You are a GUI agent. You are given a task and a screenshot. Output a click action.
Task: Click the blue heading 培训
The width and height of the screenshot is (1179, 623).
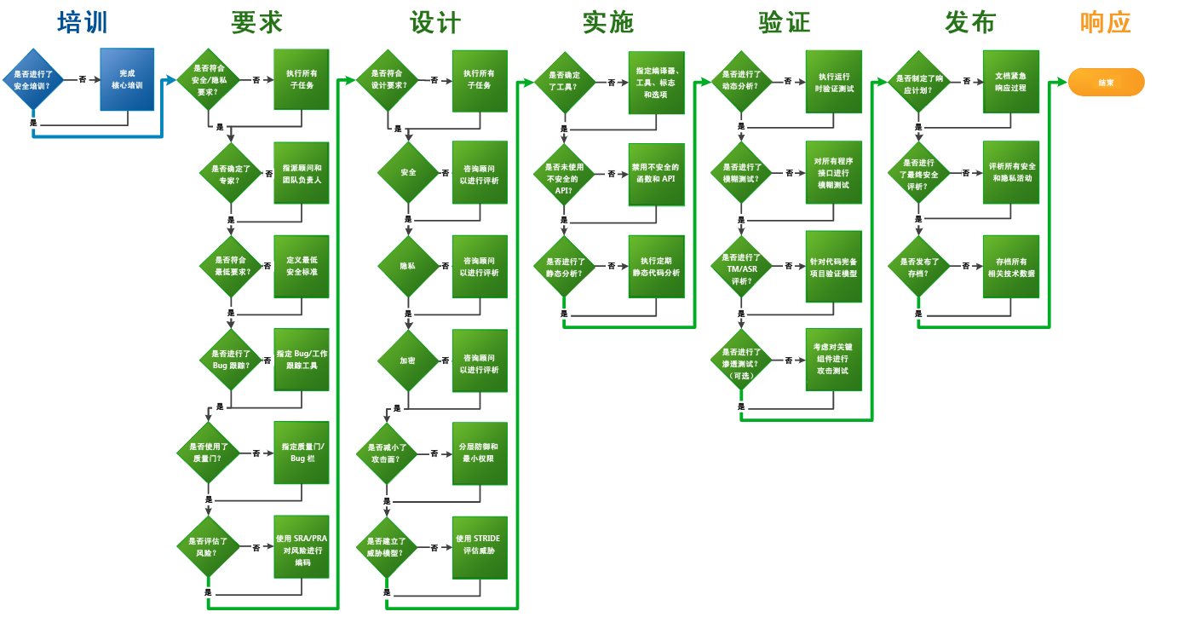coord(83,23)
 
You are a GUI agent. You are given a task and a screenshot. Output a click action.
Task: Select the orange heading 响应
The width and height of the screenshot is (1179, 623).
coord(1105,23)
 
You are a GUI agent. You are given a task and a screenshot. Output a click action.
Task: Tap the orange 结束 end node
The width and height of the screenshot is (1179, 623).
coord(1106,83)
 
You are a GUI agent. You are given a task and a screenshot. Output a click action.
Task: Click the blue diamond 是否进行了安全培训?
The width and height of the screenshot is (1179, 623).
coord(33,80)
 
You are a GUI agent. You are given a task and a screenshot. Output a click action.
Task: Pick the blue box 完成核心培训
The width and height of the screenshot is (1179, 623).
coord(127,79)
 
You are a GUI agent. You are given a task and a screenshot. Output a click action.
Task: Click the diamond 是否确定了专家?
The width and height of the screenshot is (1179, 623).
coord(231,174)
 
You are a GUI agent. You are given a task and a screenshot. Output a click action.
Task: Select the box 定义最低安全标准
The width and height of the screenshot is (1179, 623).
coord(302,266)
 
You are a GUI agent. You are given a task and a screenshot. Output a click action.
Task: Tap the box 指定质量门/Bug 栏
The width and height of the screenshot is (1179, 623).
coord(302,453)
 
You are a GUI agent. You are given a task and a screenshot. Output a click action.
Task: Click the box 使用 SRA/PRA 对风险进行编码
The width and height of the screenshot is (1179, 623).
coord(302,550)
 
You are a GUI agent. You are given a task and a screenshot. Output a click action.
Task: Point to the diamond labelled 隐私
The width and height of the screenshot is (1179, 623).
coord(408,266)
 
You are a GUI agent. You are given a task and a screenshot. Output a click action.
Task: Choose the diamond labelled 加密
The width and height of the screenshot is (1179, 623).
coord(408,361)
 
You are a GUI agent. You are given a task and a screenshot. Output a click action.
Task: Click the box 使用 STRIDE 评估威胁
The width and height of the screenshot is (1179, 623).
coord(480,545)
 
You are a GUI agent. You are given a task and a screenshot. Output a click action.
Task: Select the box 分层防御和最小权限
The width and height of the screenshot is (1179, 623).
coord(480,453)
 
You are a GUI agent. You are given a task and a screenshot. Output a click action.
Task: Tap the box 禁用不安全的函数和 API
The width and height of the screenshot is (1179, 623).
coord(656,174)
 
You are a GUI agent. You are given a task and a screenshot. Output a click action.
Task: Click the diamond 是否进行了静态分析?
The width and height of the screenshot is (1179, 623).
coord(565,267)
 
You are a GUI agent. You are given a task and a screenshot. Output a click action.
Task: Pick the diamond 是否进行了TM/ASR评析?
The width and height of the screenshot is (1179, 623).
coord(741,268)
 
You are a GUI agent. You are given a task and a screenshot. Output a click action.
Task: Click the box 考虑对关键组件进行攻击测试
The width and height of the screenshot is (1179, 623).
coord(833,360)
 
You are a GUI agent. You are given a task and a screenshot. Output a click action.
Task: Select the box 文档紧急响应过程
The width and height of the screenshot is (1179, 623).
coord(1010,82)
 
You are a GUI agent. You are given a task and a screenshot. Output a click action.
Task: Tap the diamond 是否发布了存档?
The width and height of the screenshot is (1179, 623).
coord(918,267)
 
